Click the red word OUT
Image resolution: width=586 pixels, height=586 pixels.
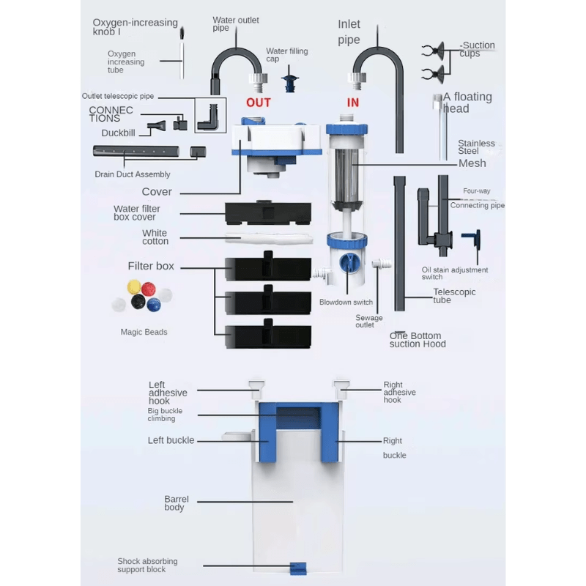259,103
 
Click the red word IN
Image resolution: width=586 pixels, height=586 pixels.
353,103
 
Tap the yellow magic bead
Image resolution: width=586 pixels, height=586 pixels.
133,286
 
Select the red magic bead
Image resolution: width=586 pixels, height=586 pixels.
149,287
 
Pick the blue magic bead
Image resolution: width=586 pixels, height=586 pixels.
153,304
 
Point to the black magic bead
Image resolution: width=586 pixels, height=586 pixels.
137,302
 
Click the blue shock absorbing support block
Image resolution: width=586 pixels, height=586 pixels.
297,568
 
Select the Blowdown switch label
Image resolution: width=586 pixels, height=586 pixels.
346,303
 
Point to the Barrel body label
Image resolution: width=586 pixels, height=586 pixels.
177,503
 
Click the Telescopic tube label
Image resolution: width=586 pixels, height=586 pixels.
454,296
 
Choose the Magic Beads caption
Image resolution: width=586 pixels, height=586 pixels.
144,332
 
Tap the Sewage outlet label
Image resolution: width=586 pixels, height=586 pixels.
369,322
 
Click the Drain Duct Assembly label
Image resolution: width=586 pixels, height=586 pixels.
133,174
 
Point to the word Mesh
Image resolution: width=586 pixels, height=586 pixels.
472,163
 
